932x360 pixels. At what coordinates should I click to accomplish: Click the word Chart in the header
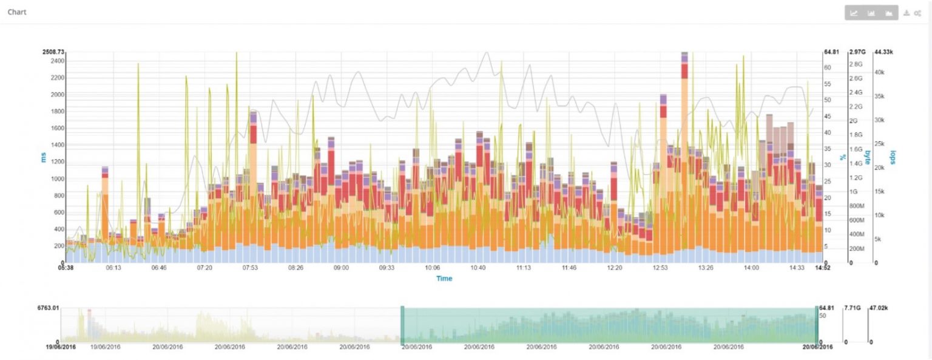pyautogui.click(x=17, y=12)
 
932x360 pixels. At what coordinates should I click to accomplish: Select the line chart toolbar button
pyautogui.click(x=854, y=13)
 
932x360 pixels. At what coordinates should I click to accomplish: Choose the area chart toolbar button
pyautogui.click(x=888, y=13)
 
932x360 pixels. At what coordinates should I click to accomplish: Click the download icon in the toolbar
pyautogui.click(x=907, y=13)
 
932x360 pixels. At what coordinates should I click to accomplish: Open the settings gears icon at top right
pyautogui.click(x=917, y=13)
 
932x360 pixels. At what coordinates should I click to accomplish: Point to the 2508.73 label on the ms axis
pyautogui.click(x=53, y=52)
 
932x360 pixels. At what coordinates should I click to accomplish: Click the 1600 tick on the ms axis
pyautogui.click(x=56, y=129)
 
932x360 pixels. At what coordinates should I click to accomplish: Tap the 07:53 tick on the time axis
pyautogui.click(x=250, y=267)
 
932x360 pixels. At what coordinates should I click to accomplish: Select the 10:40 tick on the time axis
pyautogui.click(x=478, y=267)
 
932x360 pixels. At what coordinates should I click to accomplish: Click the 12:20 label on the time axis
pyautogui.click(x=615, y=267)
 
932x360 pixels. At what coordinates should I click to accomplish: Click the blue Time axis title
pyautogui.click(x=444, y=279)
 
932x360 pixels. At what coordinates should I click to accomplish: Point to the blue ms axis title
pyautogui.click(x=43, y=158)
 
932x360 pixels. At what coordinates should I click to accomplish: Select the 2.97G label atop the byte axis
pyautogui.click(x=857, y=52)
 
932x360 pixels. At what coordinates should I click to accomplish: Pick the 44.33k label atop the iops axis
pyautogui.click(x=883, y=52)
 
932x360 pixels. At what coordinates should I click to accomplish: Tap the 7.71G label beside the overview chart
pyautogui.click(x=853, y=308)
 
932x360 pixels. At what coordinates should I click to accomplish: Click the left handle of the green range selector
pyautogui.click(x=402, y=325)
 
